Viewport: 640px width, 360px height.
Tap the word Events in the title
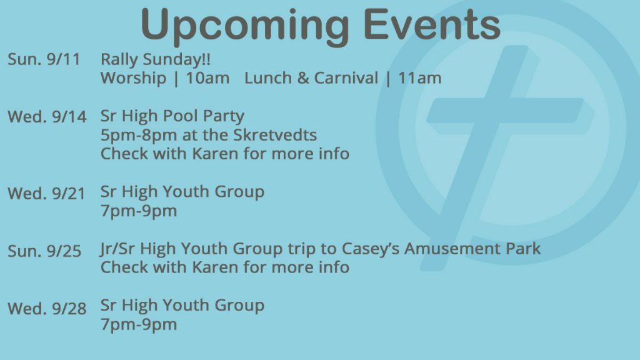tap(432, 24)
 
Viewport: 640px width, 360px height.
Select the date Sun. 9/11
tap(44, 59)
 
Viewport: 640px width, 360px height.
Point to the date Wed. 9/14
tap(47, 117)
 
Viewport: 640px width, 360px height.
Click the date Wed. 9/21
tap(46, 193)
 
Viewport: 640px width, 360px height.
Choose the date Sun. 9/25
tap(44, 251)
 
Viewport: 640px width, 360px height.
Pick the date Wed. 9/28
tap(47, 308)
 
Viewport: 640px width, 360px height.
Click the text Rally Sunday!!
tap(156, 60)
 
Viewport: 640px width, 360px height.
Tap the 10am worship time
tap(207, 78)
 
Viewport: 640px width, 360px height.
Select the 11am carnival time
tap(420, 78)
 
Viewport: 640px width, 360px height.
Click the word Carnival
tap(346, 78)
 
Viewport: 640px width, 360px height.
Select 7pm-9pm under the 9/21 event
tap(139, 211)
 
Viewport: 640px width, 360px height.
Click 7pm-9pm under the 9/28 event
tap(139, 325)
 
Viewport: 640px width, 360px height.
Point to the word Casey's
tap(371, 249)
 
